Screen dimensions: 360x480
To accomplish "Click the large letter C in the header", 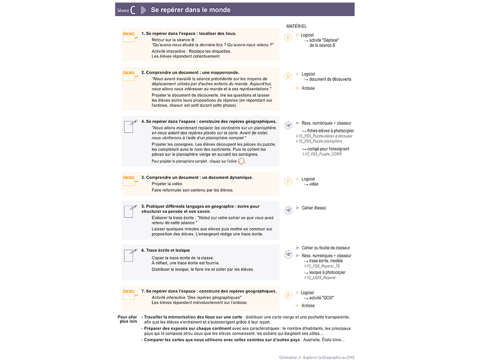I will pos(133,10).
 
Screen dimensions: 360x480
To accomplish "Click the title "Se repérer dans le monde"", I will pos(190,10).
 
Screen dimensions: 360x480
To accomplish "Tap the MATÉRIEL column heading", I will pos(296,27).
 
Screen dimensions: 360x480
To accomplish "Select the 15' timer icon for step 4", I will pos(288,126).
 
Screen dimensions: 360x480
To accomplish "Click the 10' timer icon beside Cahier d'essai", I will pos(288,210).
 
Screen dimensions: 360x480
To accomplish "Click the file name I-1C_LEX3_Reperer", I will pos(320,278).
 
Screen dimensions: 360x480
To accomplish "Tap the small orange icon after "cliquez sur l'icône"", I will pos(241,161).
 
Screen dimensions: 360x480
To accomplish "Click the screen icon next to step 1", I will pos(130,37).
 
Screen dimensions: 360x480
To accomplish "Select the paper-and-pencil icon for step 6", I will pos(130,255).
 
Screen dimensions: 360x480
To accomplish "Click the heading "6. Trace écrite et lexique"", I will pos(165,251).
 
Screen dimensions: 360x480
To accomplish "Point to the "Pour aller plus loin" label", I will pos(127,319).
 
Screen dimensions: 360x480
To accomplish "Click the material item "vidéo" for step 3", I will pos(314,184).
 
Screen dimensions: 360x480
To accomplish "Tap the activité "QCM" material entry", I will pos(321,298).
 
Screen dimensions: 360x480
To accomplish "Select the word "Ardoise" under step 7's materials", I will pos(308,306).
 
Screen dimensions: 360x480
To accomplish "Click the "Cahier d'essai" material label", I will pos(314,208).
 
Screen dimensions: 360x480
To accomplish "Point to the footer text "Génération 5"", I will pos(289,357).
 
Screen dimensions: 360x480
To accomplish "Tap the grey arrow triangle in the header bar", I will pos(143,10).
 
